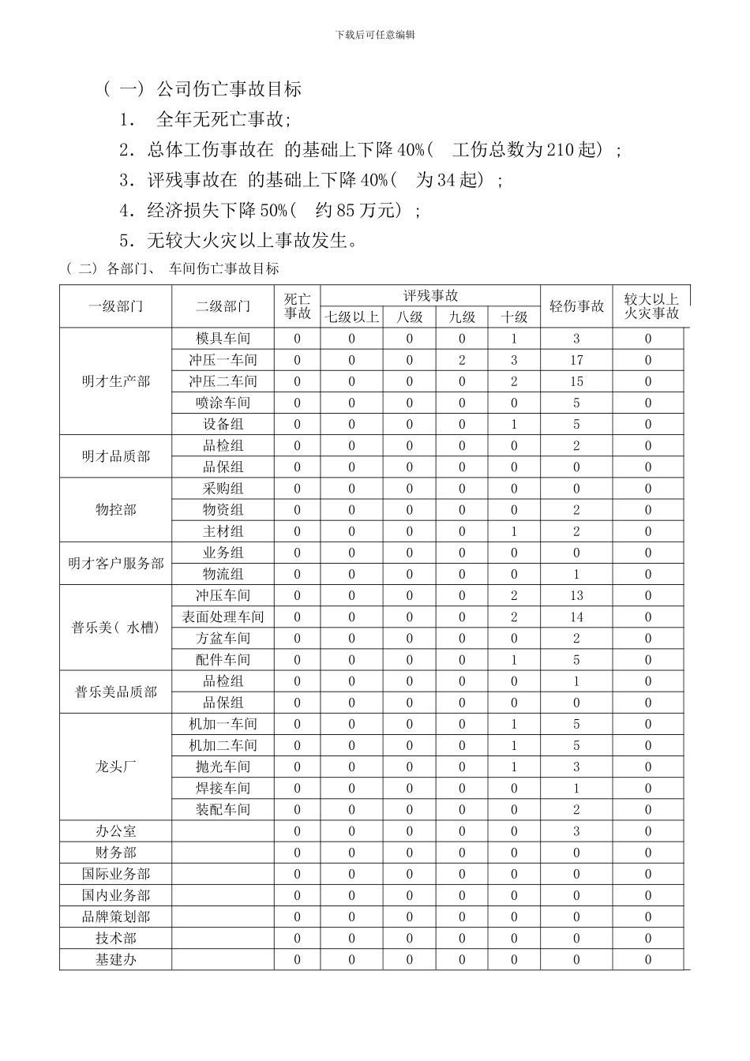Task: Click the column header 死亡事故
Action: (x=298, y=306)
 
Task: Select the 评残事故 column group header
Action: (x=430, y=296)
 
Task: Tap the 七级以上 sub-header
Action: (x=352, y=317)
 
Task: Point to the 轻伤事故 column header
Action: (x=576, y=306)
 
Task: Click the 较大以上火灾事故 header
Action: (x=651, y=306)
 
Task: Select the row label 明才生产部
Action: (x=116, y=381)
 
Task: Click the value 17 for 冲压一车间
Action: (x=576, y=360)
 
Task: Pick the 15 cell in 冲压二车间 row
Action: (x=576, y=381)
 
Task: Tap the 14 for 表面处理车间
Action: (x=576, y=617)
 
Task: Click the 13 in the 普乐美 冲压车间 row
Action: (x=576, y=596)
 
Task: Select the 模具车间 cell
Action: (x=223, y=339)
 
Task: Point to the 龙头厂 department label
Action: (x=116, y=767)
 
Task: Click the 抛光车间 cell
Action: (x=223, y=767)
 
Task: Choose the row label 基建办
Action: (x=116, y=960)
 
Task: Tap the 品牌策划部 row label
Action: (x=116, y=917)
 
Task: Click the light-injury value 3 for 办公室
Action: (x=576, y=831)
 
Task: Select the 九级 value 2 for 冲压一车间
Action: (x=462, y=360)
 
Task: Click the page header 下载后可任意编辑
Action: (x=375, y=35)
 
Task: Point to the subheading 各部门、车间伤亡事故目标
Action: (x=193, y=268)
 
